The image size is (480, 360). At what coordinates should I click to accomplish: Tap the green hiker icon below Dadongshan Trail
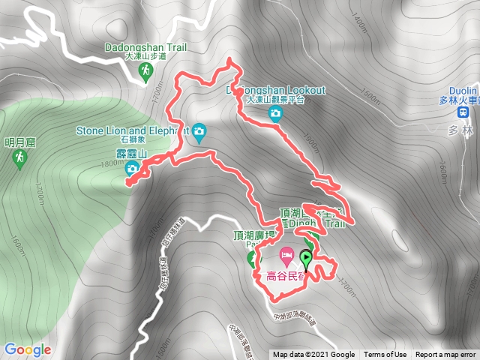(x=146, y=70)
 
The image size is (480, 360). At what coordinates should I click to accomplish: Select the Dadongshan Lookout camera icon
(x=275, y=113)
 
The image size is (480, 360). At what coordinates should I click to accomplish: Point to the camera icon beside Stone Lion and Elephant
(x=199, y=132)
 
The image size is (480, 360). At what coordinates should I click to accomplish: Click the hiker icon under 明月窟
(x=20, y=157)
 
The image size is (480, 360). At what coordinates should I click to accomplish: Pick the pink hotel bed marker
(x=286, y=256)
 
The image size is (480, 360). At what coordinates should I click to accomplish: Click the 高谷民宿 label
(x=288, y=275)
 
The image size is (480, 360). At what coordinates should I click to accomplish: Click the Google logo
(x=27, y=349)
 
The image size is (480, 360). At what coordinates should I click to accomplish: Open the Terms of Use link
(x=385, y=355)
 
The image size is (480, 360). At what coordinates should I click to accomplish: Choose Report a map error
(x=446, y=355)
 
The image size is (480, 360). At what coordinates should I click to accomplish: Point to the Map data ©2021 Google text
(x=313, y=355)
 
